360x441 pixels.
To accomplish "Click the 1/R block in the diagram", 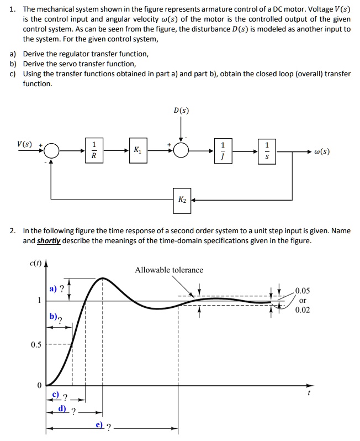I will click(x=94, y=150).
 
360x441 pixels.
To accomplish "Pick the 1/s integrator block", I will click(x=268, y=150).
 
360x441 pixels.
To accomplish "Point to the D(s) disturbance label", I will click(x=181, y=111).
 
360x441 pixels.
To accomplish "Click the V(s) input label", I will click(x=24, y=145).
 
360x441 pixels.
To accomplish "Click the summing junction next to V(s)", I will click(x=51, y=150).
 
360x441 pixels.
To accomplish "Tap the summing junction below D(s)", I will click(x=181, y=150).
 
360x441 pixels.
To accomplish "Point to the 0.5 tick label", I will click(x=36, y=345).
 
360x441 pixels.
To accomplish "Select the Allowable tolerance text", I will click(x=169, y=270).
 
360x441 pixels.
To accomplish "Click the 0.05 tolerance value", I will click(x=303, y=291).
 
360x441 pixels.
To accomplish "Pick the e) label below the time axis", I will click(x=100, y=426).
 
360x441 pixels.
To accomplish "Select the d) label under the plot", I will click(x=62, y=409).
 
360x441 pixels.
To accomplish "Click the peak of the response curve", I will click(x=103, y=279).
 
